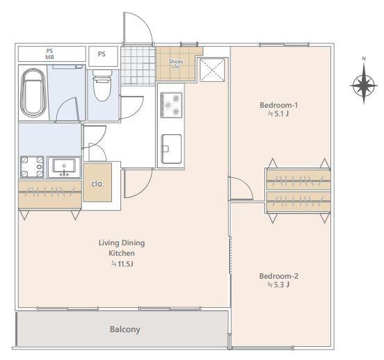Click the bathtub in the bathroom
[33, 92]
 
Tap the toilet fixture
[102, 85]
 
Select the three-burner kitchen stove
[171, 105]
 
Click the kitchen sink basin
[171, 149]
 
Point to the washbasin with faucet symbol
[64, 167]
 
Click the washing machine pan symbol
[32, 167]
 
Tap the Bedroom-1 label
[279, 105]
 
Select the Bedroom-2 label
[279, 277]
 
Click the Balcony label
[125, 329]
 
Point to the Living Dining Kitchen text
[122, 248]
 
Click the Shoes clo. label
[175, 64]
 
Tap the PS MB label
[49, 54]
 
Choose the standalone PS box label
[102, 54]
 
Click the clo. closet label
[97, 183]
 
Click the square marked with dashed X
[212, 70]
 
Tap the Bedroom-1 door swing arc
[246, 185]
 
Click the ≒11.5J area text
[122, 264]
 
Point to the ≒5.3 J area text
[279, 285]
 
